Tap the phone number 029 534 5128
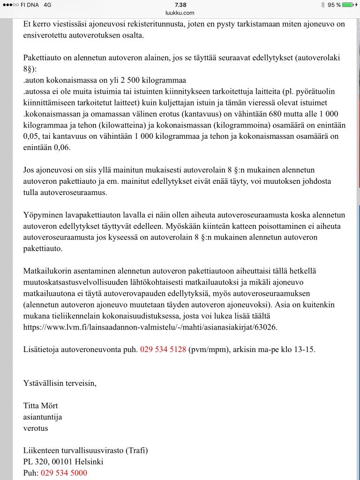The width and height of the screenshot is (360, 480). coord(163,349)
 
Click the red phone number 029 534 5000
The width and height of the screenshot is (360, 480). coord(64,473)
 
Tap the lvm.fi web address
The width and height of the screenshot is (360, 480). coord(150,327)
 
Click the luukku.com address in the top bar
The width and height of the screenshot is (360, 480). coord(180,13)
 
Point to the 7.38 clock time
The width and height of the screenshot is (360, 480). coord(180,5)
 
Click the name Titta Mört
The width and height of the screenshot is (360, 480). coord(41,405)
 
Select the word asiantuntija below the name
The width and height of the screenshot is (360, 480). coord(43,417)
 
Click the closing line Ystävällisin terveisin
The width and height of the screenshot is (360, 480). coord(60,383)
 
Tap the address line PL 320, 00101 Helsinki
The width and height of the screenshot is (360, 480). coord(63,462)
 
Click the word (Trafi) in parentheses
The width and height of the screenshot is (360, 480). coord(137,450)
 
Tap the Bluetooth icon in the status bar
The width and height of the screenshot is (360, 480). coord(322,5)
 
